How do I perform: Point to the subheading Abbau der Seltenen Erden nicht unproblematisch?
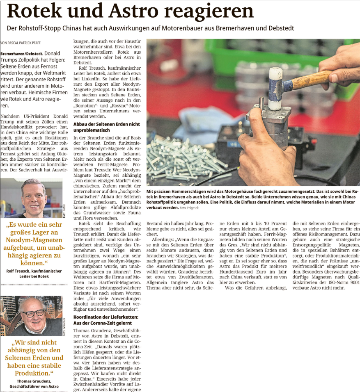point(106,127)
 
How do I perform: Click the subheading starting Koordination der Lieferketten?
point(106,320)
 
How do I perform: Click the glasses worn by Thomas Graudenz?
point(33,313)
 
